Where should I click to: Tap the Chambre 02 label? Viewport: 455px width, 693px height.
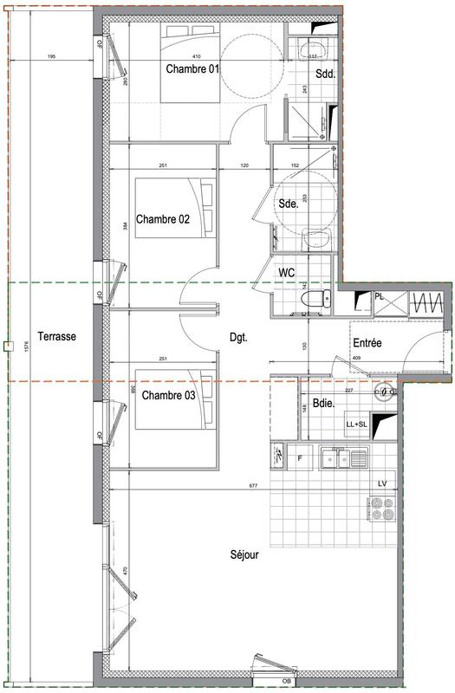click(163, 220)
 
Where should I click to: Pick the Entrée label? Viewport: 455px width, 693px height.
click(367, 344)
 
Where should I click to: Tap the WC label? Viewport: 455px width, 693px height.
click(287, 273)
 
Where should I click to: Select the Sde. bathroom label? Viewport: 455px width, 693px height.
click(288, 204)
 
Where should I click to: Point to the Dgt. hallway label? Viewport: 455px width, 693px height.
click(239, 339)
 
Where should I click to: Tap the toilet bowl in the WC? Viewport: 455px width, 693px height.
click(310, 299)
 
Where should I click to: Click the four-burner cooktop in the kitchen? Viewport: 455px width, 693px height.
click(381, 508)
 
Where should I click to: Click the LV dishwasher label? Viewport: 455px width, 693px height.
click(381, 483)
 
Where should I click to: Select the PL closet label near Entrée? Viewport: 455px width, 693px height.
click(380, 296)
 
